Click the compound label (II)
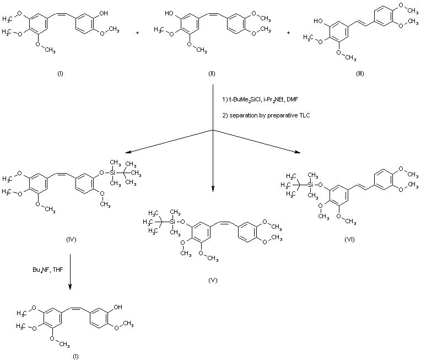211,73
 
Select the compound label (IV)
71,239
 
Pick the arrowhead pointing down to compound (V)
213,190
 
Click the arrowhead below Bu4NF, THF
70,288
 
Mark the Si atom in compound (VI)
309,183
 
